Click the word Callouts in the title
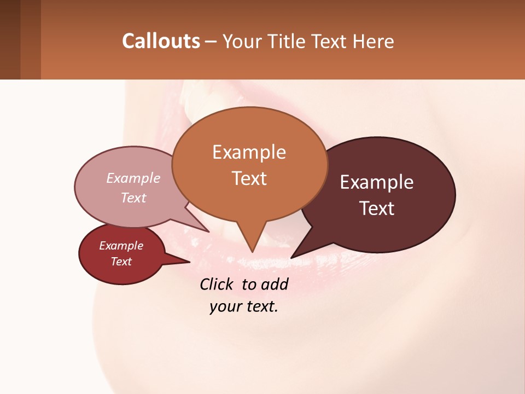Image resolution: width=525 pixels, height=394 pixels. click(161, 41)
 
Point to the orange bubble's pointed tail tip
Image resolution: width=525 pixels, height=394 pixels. click(252, 252)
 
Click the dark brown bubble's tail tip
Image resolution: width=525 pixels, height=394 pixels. click(292, 257)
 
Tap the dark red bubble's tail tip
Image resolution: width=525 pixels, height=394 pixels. click(189, 262)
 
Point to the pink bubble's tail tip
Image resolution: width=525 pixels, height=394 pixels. click(209, 231)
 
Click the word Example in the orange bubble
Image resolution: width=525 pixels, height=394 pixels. click(249, 152)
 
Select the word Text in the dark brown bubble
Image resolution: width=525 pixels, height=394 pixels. click(377, 208)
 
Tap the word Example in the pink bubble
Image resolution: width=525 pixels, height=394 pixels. click(133, 178)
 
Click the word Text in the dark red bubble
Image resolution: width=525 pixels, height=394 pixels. click(121, 262)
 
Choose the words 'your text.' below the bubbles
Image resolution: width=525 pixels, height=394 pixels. click(244, 306)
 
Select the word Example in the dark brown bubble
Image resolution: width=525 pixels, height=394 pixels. click(377, 182)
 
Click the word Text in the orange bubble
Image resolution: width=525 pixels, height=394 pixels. click(249, 178)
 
